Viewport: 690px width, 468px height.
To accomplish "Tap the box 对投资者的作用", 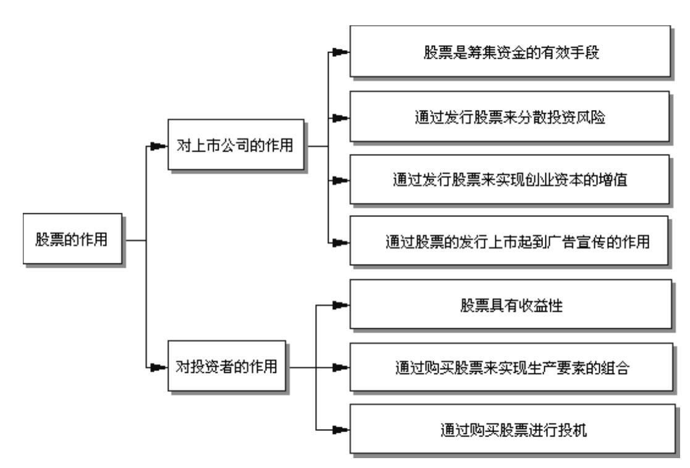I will tap(226, 367).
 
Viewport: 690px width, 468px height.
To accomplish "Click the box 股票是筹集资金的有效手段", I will tap(510, 51).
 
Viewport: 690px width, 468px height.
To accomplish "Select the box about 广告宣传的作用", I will tap(510, 242).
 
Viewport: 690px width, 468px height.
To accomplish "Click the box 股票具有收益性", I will tap(510, 305).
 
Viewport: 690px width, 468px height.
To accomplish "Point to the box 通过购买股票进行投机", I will tap(510, 428).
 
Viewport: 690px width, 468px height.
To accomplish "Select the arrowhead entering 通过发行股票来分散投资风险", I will tap(339, 116).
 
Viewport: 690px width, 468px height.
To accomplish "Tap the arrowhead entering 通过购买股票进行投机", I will tap(339, 428).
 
